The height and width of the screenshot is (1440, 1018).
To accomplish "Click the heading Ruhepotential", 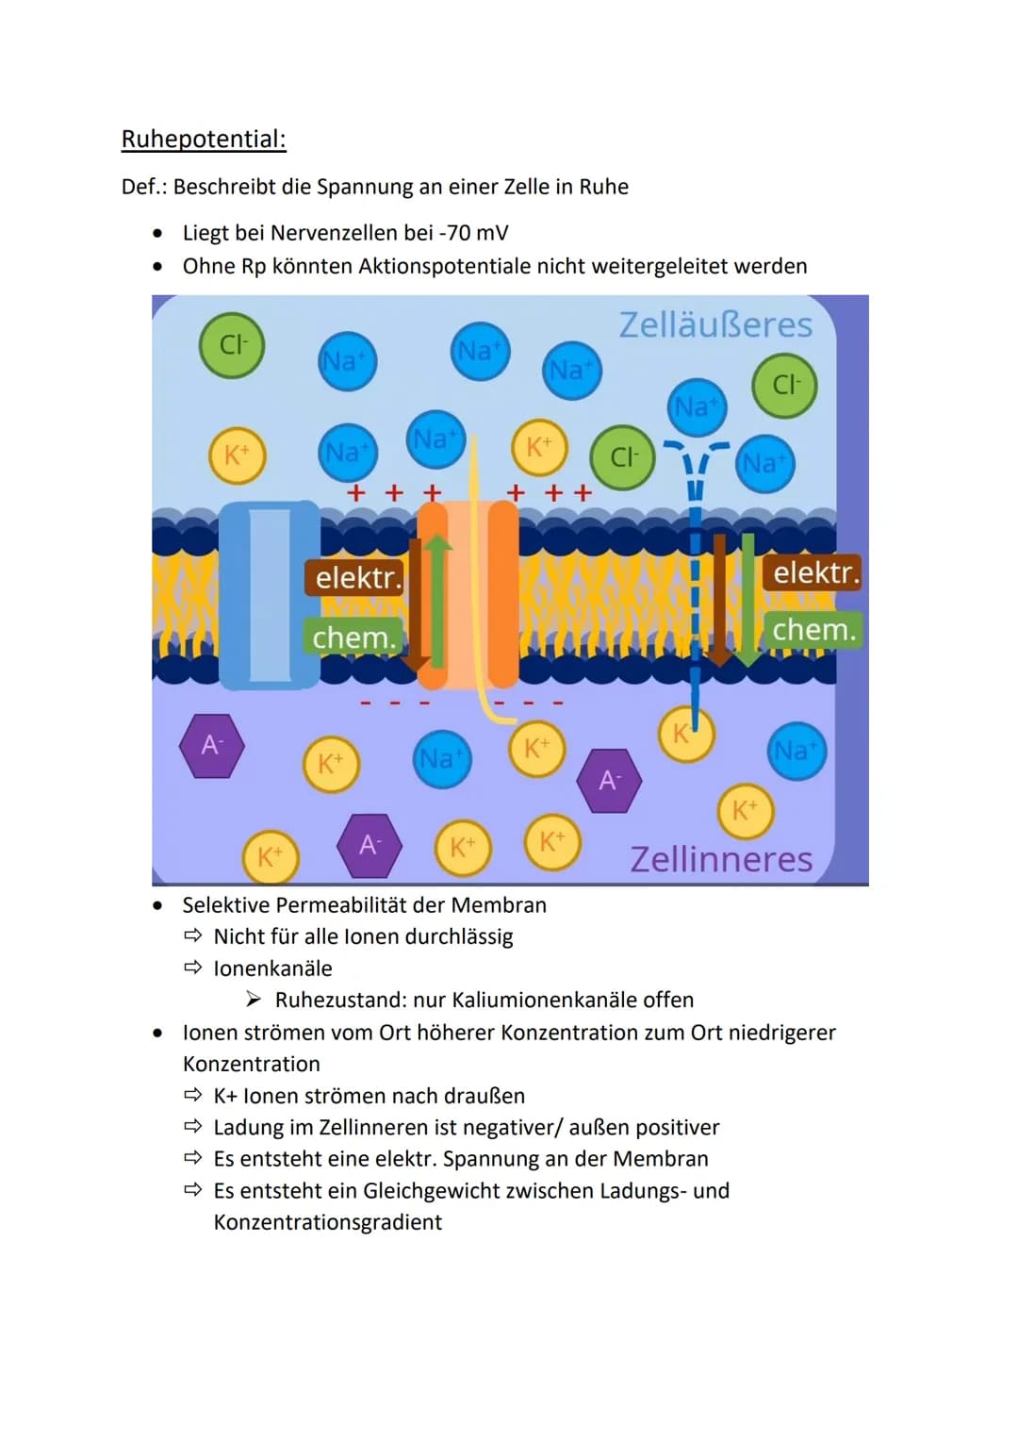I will click(204, 140).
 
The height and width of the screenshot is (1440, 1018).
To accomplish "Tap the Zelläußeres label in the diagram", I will click(715, 324).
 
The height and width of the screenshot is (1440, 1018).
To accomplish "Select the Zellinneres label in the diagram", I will click(721, 859).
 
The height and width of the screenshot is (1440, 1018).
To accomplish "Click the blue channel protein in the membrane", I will click(270, 595).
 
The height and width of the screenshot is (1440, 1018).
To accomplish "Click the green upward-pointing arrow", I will click(436, 600).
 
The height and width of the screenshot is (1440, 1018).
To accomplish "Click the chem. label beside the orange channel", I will click(354, 637).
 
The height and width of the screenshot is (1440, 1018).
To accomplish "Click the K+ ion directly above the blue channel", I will click(238, 455).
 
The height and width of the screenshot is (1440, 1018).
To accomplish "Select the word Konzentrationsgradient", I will click(328, 1222).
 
